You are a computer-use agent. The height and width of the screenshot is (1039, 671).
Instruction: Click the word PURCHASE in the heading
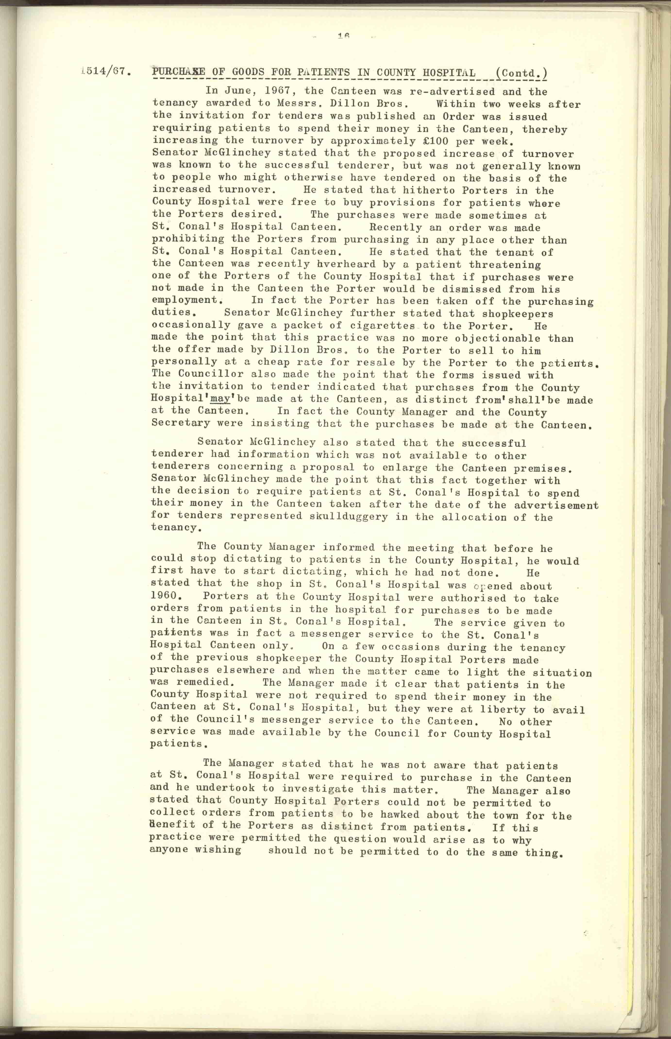point(179,72)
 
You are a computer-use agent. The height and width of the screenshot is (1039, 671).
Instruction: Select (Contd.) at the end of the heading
point(521,73)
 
